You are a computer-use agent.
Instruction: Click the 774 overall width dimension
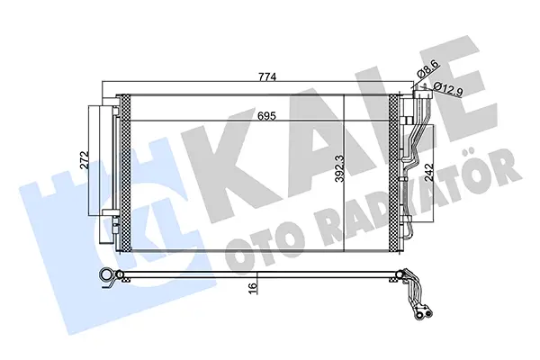coord(267,76)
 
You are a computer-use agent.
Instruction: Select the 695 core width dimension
coord(267,116)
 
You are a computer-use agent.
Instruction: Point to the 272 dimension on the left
coord(85,159)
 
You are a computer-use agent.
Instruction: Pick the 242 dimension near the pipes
coord(428,173)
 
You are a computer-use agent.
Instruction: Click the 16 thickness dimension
coord(252,286)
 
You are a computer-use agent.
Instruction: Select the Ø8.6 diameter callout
coord(427,69)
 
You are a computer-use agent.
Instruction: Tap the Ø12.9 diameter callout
coord(448,90)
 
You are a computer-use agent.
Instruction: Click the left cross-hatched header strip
coord(126,173)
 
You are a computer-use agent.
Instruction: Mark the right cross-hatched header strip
coord(393,173)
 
